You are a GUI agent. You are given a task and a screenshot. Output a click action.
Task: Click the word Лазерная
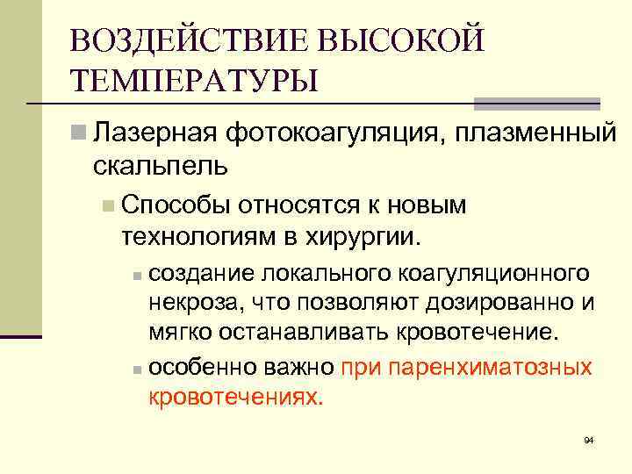click(x=154, y=134)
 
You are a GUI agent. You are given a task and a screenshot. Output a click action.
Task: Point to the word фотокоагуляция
click(x=339, y=134)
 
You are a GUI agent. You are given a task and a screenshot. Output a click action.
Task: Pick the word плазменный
click(x=543, y=134)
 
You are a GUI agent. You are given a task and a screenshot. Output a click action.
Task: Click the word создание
click(x=197, y=274)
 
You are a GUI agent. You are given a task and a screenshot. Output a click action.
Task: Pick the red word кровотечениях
click(x=236, y=396)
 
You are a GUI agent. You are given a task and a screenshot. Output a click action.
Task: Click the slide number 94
click(x=589, y=440)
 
